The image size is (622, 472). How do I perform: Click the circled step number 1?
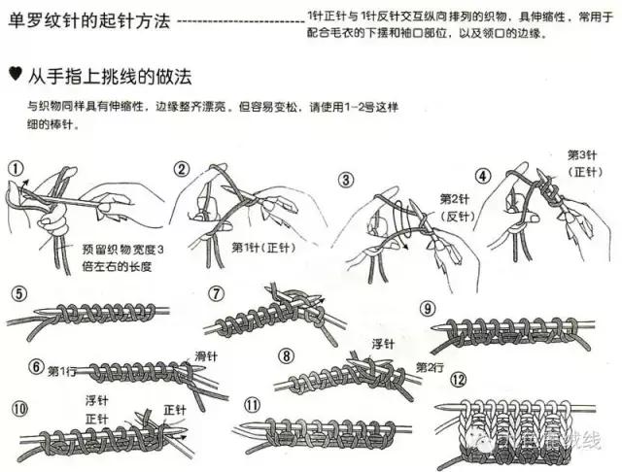tap(15, 168)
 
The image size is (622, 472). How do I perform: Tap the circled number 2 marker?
tap(181, 169)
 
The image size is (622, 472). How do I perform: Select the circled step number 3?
tap(345, 180)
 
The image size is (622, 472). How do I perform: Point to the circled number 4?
tap(482, 176)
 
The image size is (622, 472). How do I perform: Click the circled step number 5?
tap(15, 292)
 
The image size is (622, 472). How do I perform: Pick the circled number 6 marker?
tap(36, 366)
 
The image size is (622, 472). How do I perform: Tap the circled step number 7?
tap(216, 291)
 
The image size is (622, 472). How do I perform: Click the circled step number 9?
tap(426, 308)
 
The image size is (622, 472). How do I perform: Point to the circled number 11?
tap(253, 404)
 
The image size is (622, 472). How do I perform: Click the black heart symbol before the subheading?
tap(14, 73)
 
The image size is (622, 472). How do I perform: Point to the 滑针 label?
tap(207, 354)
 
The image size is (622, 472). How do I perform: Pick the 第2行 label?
tap(430, 366)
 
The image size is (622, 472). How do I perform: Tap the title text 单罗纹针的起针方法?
tap(87, 20)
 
